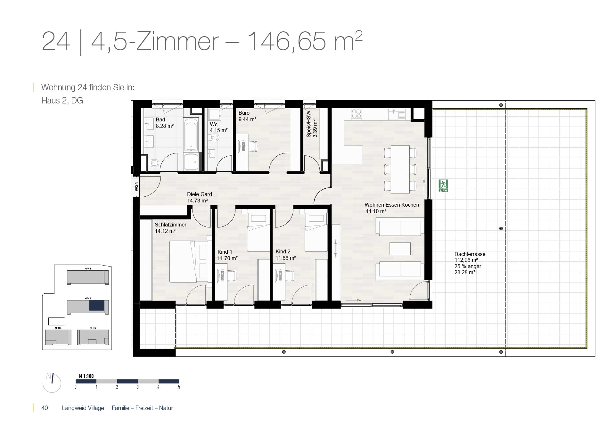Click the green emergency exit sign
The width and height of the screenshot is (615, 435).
tap(443, 186)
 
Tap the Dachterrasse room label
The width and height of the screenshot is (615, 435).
tap(470, 254)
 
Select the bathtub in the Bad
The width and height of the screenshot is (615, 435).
tap(192, 135)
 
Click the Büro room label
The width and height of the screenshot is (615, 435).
tap(244, 113)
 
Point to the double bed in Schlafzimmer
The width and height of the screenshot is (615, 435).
tap(189, 261)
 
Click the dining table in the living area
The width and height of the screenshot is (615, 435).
tap(400, 169)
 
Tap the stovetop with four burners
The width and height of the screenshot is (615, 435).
tap(357, 114)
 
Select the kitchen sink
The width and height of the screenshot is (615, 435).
tap(397, 114)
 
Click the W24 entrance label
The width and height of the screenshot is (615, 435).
tap(136, 186)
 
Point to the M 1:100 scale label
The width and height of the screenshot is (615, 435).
tap(86, 376)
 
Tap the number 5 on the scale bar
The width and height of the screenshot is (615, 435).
tap(179, 387)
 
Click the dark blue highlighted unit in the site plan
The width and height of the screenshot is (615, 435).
tap(97, 305)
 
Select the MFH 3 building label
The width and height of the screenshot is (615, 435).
tap(93, 328)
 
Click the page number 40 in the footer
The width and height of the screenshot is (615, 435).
tap(45, 408)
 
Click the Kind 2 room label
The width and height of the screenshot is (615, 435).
tap(283, 251)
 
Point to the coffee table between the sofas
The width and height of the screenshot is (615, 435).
tap(400, 249)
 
